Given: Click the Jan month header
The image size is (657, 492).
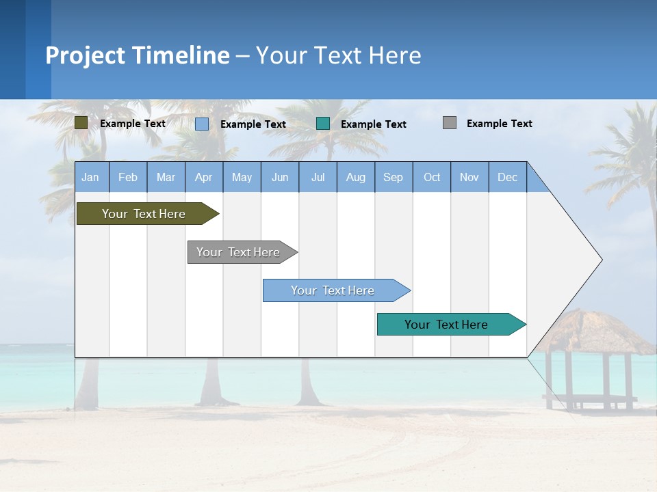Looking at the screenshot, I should click(90, 177).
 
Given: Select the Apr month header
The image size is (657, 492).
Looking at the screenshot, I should click(204, 177).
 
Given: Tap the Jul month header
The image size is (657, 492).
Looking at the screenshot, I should click(318, 177).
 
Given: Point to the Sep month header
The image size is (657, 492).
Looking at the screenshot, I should click(393, 177).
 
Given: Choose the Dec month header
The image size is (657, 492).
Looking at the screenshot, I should click(507, 177).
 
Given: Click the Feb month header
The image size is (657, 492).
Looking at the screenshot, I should click(128, 177).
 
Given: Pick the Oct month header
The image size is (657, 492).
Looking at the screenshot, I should click(432, 177).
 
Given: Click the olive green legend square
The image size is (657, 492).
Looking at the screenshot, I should click(81, 123).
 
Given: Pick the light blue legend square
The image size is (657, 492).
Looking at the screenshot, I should click(202, 124).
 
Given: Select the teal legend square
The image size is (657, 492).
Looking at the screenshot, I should click(323, 124).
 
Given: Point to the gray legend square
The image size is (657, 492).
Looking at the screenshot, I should click(450, 123).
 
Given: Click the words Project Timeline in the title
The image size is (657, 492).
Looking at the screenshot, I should click(138, 55).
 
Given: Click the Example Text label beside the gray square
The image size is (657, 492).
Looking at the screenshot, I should click(499, 124).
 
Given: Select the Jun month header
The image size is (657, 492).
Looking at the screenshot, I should click(280, 177).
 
